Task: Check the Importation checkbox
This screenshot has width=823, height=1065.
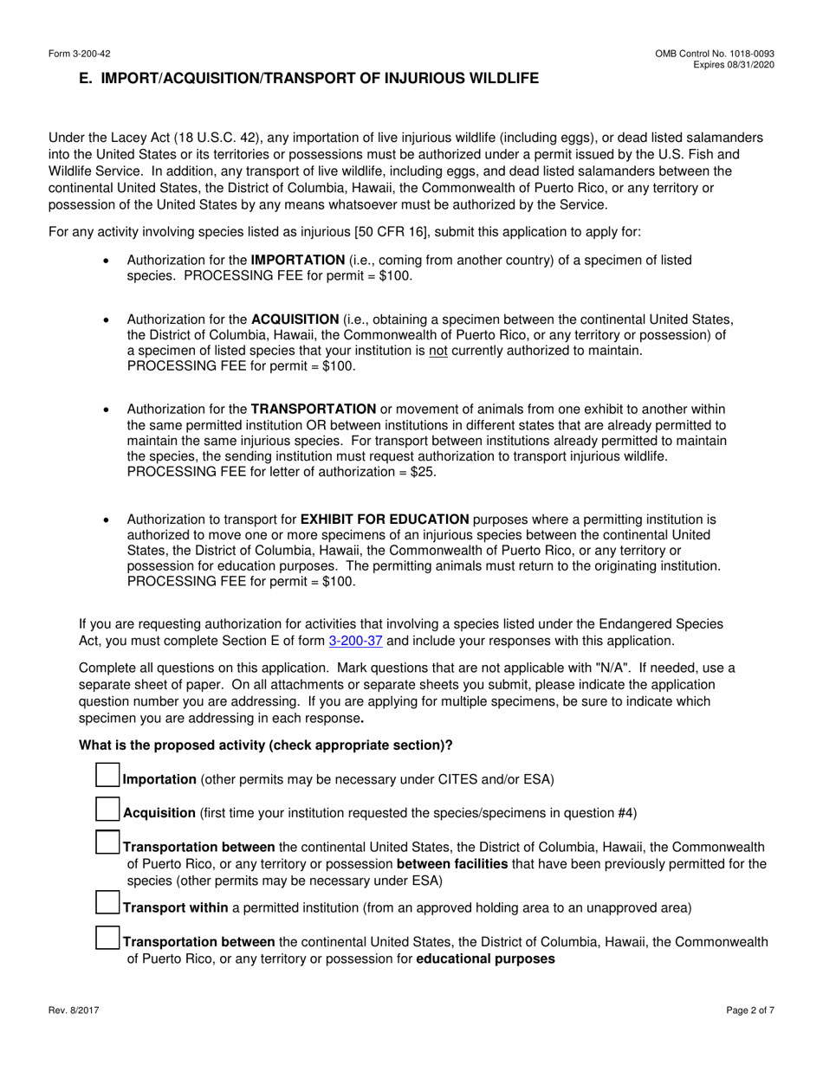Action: pos(107,775)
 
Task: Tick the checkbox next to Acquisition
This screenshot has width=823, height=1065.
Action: pos(107,809)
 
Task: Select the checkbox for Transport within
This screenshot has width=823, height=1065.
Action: pos(107,903)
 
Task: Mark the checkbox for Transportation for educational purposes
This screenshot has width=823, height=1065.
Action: pos(107,938)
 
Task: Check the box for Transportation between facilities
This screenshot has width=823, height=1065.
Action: pos(107,842)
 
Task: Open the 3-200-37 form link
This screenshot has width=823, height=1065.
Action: pos(355,641)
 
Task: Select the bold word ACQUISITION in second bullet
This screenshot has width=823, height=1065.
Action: pos(295,319)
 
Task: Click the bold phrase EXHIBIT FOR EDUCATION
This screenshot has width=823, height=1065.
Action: pos(385,520)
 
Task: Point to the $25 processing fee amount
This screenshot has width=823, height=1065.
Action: pos(423,472)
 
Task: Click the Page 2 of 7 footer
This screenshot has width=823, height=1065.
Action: pos(749,1010)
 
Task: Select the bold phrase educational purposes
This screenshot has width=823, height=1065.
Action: pos(485,958)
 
